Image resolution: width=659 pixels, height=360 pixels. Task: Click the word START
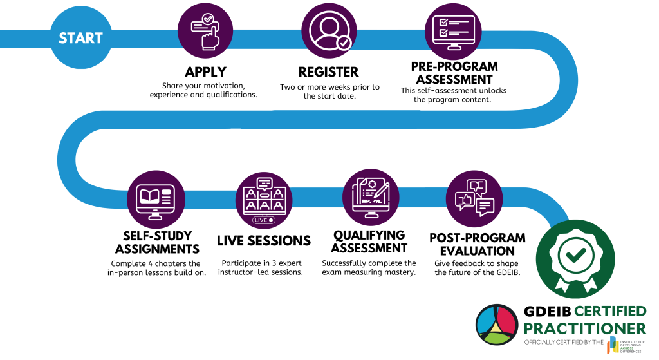click(80, 38)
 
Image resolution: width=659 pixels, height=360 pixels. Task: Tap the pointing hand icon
click(205, 30)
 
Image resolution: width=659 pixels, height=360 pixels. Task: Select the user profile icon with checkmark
click(329, 30)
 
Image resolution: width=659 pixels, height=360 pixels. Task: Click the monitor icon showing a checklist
click(453, 31)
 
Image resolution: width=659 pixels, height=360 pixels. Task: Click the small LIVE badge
click(264, 220)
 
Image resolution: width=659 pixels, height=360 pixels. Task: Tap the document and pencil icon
click(371, 196)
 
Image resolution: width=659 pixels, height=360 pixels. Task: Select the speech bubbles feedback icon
click(474, 198)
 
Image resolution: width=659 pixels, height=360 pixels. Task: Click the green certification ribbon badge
click(575, 258)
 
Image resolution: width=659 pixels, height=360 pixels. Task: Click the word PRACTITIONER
click(584, 328)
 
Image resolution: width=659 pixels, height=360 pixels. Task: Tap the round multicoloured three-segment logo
click(496, 325)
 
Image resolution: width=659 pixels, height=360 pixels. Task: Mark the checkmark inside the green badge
click(575, 253)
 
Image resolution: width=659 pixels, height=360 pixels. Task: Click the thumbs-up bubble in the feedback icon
click(464, 200)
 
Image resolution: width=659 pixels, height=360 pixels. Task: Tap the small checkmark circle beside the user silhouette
click(345, 43)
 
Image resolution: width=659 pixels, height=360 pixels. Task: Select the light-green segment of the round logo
click(497, 336)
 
